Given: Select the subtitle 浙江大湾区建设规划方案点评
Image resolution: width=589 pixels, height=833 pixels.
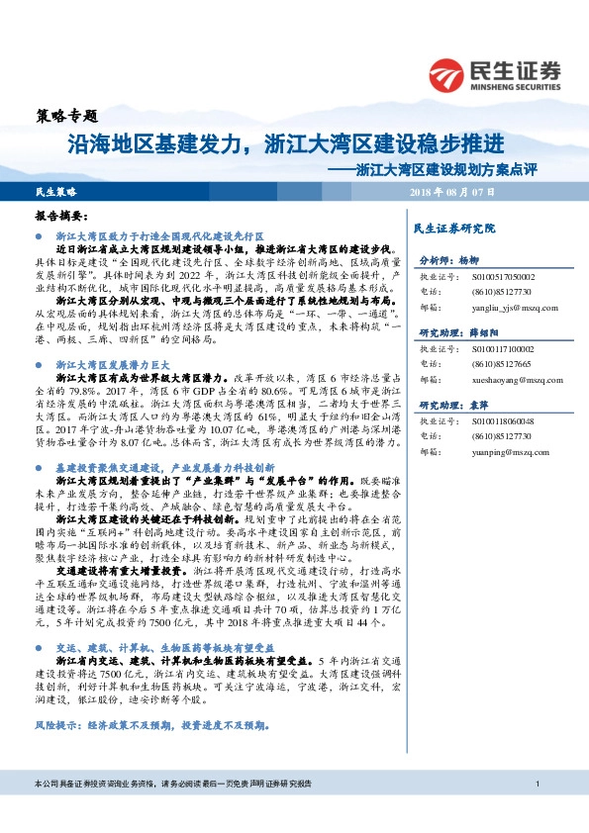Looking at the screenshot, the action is [445, 169].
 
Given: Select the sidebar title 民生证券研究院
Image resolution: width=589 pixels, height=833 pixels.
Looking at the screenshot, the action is [453, 229].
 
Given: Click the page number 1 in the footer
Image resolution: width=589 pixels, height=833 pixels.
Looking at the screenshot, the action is [536, 811].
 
